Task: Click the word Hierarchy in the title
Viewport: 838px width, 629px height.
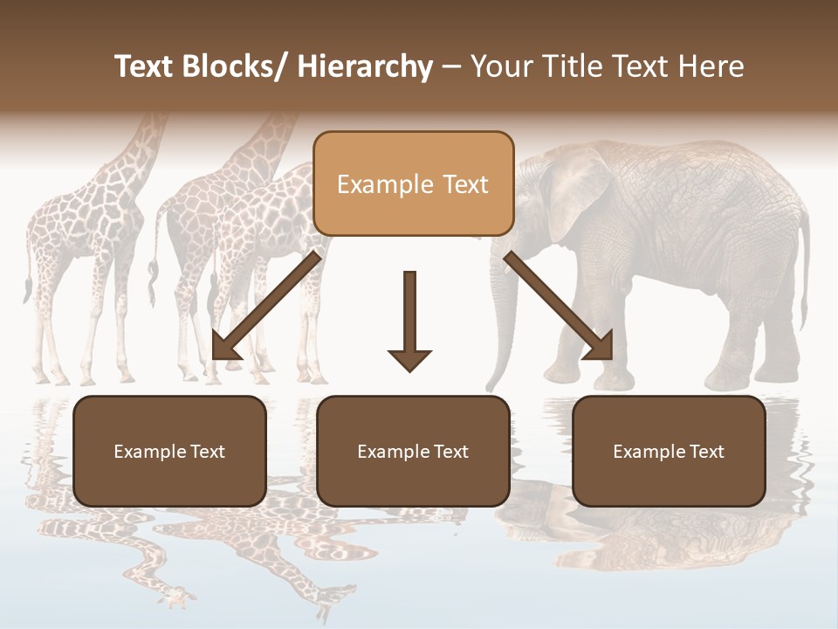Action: (365, 67)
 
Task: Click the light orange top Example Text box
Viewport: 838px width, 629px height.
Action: (413, 183)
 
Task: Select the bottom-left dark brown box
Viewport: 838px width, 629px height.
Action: (169, 451)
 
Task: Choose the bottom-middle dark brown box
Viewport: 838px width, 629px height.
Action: (413, 451)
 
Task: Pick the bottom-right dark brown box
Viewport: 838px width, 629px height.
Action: (669, 451)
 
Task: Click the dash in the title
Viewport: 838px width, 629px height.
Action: (451, 67)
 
